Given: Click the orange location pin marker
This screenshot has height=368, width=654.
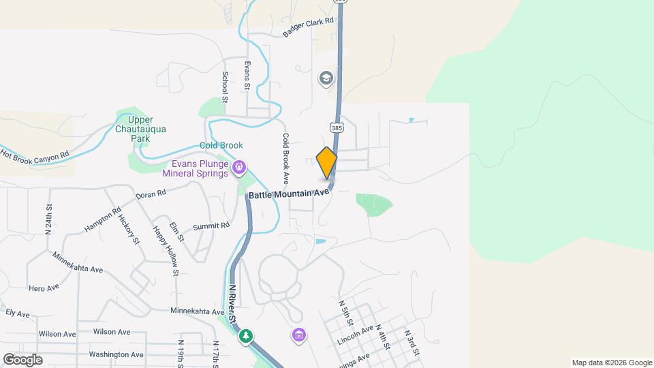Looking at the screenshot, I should pos(327,163).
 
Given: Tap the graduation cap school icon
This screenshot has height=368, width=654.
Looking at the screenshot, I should pos(326,78).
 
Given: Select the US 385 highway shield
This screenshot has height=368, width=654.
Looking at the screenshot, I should pos(336,127).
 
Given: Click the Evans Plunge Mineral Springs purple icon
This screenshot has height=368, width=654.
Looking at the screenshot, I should pos(239,168).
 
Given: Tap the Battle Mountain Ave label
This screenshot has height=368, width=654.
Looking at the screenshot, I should pos(289,194).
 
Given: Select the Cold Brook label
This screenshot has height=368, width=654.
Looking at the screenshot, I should pos(221,145).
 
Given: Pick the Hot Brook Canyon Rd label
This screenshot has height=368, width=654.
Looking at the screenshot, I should pos(35,155).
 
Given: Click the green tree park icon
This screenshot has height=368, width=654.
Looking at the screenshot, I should pos(246,336).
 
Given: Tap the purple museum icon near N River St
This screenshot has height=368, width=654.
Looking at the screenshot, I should pos(299,335).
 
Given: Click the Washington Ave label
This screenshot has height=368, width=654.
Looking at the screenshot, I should pos(116,354).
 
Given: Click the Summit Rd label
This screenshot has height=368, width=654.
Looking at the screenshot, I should pos(211,226).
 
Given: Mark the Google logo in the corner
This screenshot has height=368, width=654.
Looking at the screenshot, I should pos(22,359).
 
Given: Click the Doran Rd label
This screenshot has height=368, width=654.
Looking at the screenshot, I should pos(151,194).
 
